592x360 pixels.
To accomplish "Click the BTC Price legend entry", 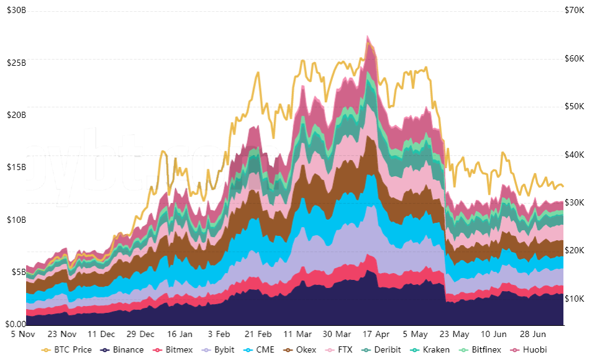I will tap(66, 349).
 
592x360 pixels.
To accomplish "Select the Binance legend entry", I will tap(123, 349).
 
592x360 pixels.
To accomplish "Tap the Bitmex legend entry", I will tap(175, 349).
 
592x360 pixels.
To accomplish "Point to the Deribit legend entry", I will tap(383, 349).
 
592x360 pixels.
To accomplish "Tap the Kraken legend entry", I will tap(430, 349).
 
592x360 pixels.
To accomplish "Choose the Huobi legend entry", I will tap(529, 349).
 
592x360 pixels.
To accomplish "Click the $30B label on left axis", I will tap(16, 11).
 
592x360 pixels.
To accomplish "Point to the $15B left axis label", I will tap(16, 168).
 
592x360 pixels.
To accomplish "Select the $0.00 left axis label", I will tap(16, 324).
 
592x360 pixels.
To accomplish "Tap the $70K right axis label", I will tap(574, 11).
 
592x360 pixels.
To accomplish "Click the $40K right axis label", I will tap(574, 155).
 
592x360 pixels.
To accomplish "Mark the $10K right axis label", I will tap(574, 299).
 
